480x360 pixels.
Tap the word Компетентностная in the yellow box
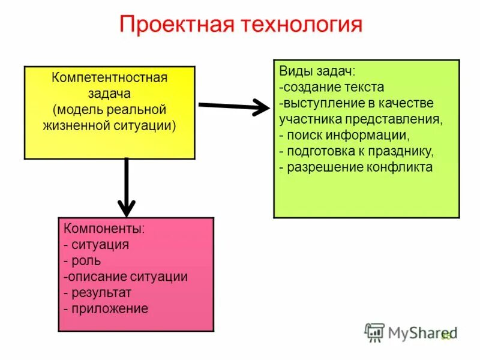point(109,79)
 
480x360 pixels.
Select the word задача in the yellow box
point(109,94)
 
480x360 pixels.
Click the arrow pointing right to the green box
point(234,107)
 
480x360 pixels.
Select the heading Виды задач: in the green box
point(317,71)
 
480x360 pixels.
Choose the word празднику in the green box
point(404,151)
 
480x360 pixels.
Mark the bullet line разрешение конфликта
point(356,167)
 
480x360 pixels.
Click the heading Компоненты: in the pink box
point(104,229)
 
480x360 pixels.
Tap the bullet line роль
point(82,261)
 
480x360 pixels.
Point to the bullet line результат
point(97,293)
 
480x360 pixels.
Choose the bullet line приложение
point(106,309)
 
